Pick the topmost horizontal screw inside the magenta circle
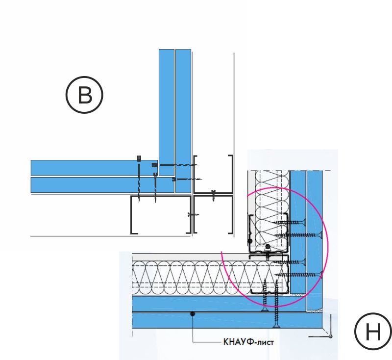point(291,222)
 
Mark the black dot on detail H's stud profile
point(250,241)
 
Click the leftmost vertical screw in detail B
point(140,180)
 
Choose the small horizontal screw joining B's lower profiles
point(192,214)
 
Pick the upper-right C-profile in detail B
point(213,174)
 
